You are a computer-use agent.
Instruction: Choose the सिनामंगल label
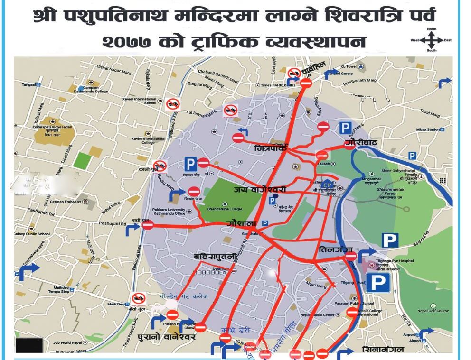[x=382, y=350]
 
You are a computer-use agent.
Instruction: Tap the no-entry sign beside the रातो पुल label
[x=148, y=226]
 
